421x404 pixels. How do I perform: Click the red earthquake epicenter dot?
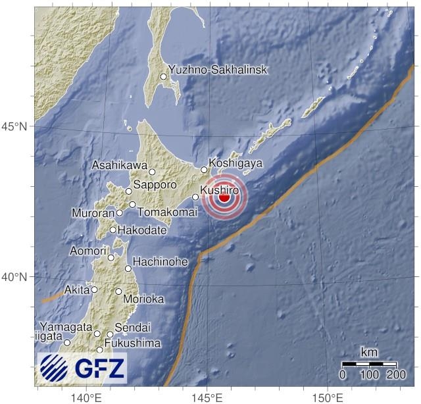tap(224, 197)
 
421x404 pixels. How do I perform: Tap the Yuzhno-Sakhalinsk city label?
tap(218, 70)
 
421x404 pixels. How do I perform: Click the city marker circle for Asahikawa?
tap(152, 172)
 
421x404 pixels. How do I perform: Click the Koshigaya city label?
tap(235, 163)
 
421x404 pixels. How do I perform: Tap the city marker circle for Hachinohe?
tap(128, 268)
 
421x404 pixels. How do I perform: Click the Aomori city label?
tap(88, 251)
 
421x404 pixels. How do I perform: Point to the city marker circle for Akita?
tap(94, 290)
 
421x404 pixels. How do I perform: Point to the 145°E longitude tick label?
tap(206, 397)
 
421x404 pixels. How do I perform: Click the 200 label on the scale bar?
tap(396, 374)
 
